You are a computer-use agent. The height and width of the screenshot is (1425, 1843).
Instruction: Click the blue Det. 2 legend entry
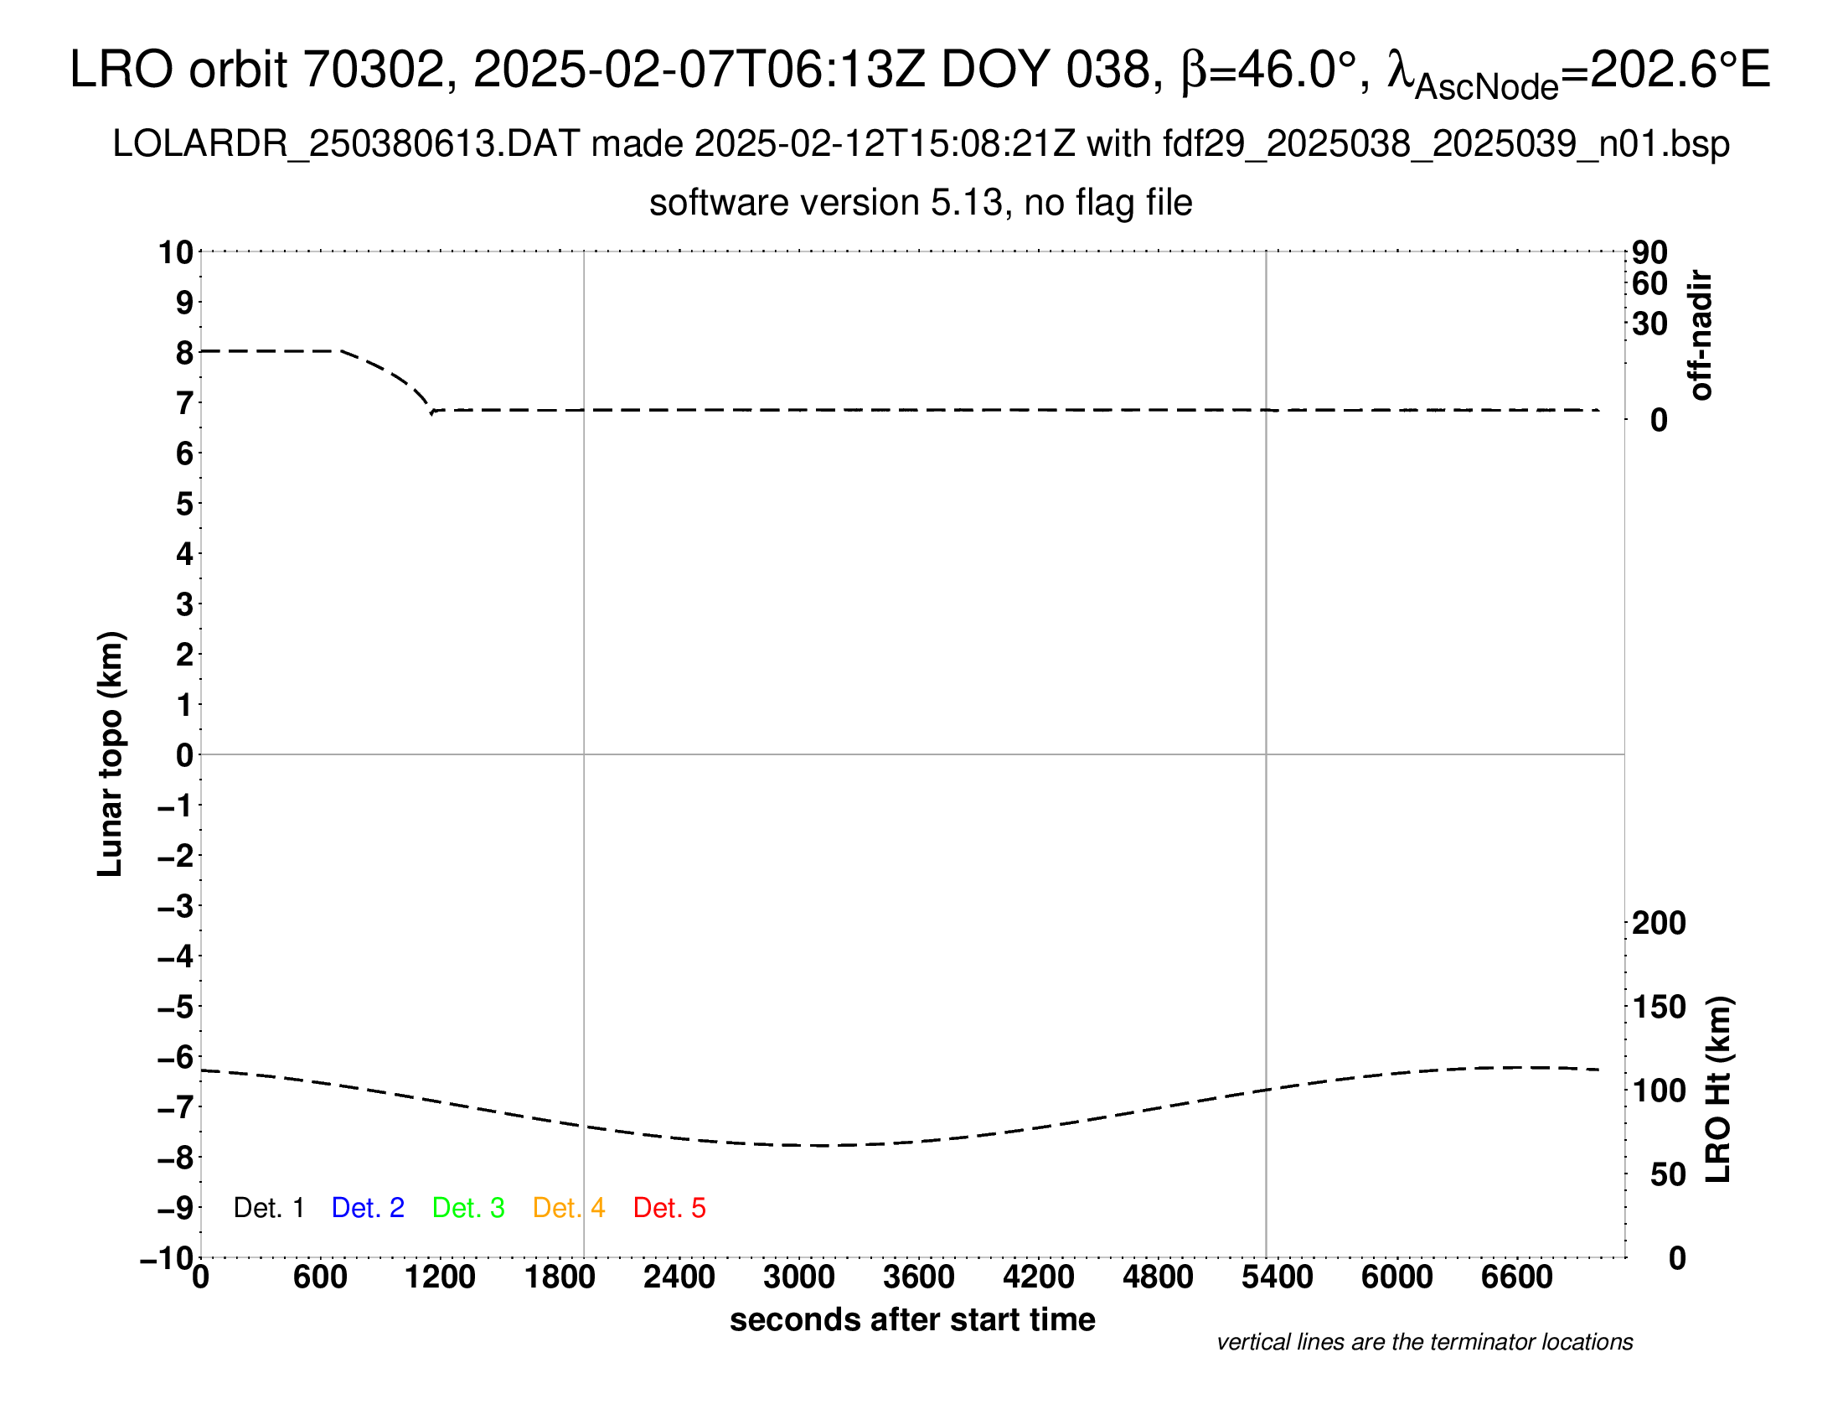368,1208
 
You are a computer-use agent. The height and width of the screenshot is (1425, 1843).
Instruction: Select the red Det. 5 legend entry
669,1208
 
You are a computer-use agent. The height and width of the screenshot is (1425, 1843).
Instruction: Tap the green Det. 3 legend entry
468,1208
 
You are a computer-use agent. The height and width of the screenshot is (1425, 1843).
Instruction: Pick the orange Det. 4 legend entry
569,1208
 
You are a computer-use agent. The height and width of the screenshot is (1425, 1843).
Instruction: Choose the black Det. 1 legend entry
268,1208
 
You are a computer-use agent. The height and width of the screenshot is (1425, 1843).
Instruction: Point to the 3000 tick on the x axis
799,1277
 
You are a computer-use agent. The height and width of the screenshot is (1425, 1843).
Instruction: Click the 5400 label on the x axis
1278,1277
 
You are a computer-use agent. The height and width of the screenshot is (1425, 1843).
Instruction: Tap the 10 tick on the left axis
177,251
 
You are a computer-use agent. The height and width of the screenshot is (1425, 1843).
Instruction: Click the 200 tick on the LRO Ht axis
1659,923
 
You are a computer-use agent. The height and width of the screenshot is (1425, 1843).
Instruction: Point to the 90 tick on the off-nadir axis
1649,251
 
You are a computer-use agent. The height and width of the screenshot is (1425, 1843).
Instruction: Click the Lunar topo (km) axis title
111,754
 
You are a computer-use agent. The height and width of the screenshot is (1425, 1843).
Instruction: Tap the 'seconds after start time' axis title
912,1319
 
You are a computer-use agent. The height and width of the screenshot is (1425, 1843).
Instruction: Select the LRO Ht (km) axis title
1718,1090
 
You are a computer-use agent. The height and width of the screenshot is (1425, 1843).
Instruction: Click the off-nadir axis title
1701,335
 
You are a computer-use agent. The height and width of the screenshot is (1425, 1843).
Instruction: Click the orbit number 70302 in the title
374,70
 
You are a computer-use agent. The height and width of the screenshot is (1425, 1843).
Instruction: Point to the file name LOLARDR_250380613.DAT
346,144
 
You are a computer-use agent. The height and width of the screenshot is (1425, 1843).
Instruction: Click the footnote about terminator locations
1424,1342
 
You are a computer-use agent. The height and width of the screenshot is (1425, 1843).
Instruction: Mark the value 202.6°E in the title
1680,70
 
